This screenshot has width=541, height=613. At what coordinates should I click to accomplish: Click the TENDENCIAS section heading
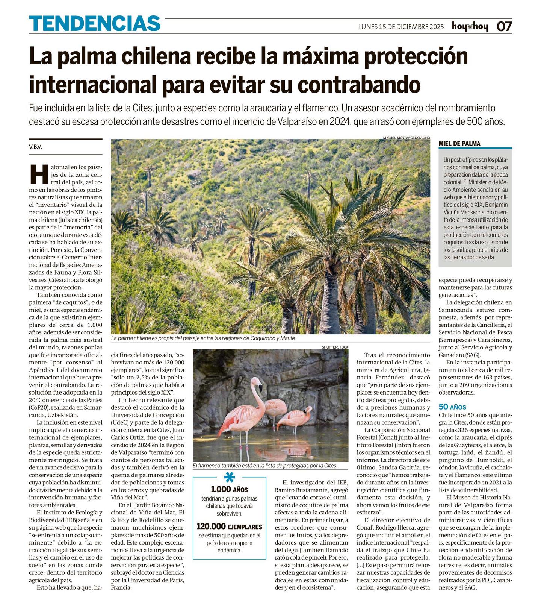95,24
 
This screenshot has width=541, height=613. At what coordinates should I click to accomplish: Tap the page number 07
504,27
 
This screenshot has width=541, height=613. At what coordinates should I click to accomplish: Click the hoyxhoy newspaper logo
470,27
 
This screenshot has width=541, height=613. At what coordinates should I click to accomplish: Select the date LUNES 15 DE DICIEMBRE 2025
401,27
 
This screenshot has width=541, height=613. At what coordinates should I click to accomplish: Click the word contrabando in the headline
358,85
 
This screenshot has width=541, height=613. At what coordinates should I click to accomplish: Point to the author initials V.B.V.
35,147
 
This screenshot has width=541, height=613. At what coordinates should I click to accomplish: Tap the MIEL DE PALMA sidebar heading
459,144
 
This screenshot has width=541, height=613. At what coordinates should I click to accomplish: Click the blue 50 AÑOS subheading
452,407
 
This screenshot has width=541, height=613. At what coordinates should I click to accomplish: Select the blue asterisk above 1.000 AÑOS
229,477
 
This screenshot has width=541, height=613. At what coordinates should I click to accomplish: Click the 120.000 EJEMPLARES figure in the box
229,527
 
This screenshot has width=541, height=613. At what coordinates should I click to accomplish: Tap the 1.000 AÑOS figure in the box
229,489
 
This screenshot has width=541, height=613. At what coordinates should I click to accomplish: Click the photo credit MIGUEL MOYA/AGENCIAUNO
406,138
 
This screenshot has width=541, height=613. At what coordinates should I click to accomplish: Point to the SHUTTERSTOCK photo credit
335,347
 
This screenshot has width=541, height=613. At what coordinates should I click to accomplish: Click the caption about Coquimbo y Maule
203,338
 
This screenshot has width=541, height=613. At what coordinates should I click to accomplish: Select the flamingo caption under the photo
265,466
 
